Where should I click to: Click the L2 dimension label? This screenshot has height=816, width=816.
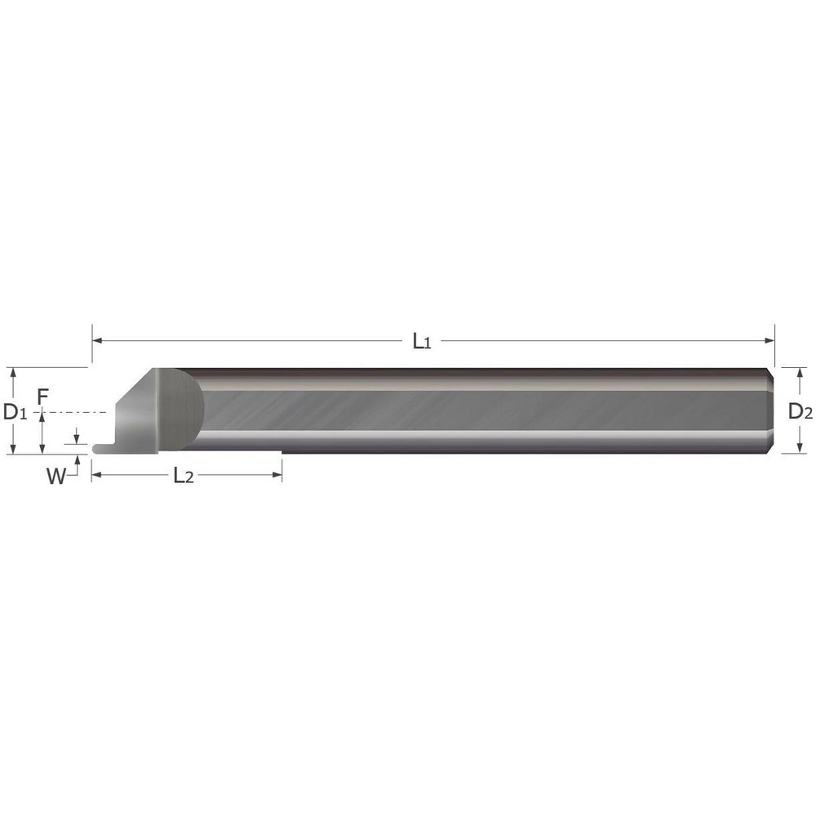(184, 477)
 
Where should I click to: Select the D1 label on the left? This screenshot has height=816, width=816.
(16, 412)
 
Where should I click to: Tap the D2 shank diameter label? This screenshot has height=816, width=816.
(800, 412)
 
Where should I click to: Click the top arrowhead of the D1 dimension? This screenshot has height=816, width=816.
(12, 372)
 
